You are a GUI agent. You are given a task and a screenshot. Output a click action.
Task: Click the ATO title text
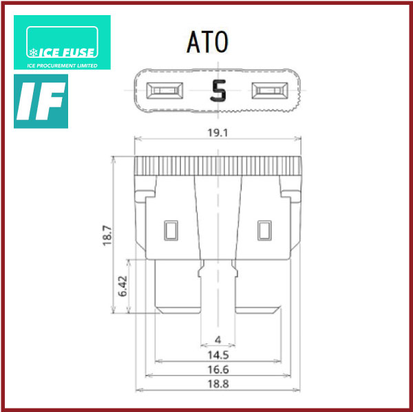tap(206, 42)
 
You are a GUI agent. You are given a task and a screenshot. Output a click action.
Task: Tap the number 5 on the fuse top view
tap(218, 90)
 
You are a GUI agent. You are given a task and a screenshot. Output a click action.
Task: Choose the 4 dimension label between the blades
tap(218, 339)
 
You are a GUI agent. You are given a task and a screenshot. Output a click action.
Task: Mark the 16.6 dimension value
tap(218, 369)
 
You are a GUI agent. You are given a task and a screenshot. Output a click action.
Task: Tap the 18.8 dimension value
tap(218, 384)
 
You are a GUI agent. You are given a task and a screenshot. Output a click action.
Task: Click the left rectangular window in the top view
tap(167, 90)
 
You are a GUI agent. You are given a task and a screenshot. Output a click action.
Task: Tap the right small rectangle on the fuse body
tap(264, 230)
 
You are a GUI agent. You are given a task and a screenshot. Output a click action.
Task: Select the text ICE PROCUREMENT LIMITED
tap(61, 66)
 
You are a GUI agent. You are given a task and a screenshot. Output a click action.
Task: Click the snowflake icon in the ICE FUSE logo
tap(33, 52)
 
